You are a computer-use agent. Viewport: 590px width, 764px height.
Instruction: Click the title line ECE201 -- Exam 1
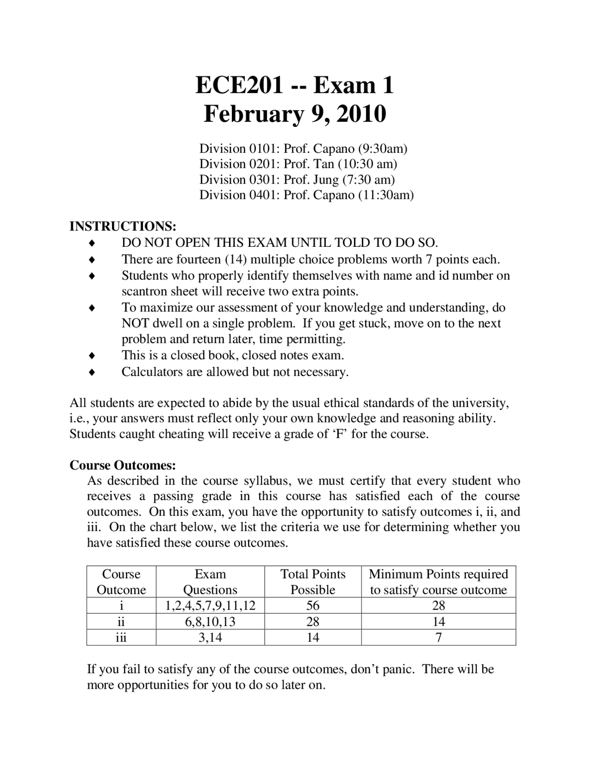click(295, 85)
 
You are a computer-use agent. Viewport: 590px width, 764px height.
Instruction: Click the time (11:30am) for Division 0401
click(385, 195)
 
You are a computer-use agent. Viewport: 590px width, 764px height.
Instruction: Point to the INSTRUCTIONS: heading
click(123, 227)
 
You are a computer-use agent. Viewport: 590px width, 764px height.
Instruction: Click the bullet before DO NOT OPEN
click(92, 243)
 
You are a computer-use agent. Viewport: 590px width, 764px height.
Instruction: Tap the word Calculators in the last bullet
click(152, 372)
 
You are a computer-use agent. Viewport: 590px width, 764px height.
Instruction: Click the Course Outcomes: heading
click(123, 465)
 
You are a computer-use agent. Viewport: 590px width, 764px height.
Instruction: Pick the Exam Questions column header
click(210, 582)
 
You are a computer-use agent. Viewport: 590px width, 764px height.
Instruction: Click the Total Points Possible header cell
click(313, 582)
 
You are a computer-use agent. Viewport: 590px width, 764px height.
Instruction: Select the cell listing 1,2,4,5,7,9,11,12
click(210, 606)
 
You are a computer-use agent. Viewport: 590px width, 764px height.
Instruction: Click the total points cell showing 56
click(313, 606)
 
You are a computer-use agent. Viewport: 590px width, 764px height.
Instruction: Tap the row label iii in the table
click(121, 638)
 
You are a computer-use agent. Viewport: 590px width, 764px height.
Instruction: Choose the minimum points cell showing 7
click(438, 638)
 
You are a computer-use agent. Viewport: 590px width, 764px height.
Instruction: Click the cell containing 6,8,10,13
click(210, 622)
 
